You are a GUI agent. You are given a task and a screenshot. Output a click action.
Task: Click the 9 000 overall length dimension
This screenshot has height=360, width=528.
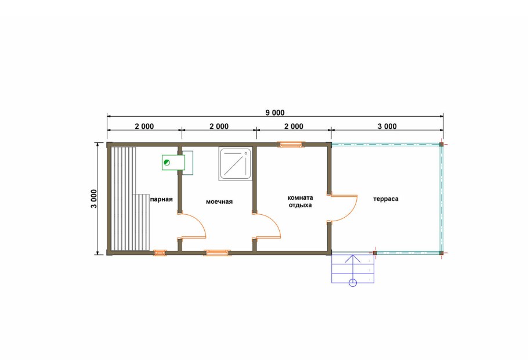275,113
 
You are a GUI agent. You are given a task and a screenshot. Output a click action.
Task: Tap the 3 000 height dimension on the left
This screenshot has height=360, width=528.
94,199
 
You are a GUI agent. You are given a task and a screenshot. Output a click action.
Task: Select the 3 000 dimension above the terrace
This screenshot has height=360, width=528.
387,127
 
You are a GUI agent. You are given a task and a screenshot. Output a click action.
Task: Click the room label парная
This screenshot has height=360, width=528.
161,199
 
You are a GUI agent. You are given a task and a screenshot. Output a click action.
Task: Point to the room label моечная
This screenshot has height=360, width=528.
219,201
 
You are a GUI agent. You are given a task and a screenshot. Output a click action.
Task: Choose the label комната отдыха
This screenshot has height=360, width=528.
300,201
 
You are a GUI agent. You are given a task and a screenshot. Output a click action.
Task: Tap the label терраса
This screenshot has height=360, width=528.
386,199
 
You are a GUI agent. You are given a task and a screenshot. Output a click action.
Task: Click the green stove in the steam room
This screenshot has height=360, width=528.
173,163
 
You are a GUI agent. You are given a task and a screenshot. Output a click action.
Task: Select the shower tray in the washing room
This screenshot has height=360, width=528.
236,164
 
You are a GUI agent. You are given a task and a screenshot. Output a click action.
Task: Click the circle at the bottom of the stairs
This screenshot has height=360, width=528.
353,282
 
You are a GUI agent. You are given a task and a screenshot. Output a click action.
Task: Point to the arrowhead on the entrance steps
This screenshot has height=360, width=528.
353,258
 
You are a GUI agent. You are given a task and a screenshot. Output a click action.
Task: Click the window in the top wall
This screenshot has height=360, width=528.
291,145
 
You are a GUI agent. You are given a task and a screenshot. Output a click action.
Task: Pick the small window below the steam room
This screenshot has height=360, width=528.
160,253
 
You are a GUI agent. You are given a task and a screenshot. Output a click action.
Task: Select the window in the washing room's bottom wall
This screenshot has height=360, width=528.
217,253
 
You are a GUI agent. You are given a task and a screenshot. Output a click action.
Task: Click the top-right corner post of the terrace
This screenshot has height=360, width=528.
441,144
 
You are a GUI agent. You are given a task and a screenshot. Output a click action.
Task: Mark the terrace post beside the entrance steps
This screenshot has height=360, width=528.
375,253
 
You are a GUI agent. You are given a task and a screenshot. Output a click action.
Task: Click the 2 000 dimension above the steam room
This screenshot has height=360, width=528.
144,127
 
